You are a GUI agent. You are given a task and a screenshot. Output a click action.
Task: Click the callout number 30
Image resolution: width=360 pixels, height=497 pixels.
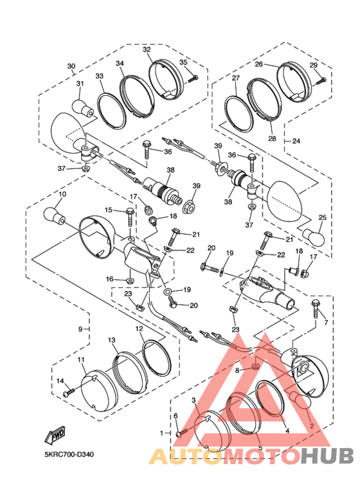[71, 66]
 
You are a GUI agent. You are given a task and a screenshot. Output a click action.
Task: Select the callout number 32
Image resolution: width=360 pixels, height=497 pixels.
[147, 50]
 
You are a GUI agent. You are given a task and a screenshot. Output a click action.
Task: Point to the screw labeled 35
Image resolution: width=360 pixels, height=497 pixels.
[194, 78]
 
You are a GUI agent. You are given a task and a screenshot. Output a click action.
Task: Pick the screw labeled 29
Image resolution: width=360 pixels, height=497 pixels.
[322, 80]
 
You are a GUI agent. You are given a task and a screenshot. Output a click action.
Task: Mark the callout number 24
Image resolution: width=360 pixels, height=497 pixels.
[296, 141]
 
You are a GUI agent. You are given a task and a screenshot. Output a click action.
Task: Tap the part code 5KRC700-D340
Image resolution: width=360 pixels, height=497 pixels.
[69, 455]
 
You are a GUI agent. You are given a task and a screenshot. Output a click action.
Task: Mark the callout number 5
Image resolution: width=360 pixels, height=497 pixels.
[260, 447]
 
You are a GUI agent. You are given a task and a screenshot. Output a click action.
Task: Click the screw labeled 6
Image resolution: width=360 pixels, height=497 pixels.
[179, 433]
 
